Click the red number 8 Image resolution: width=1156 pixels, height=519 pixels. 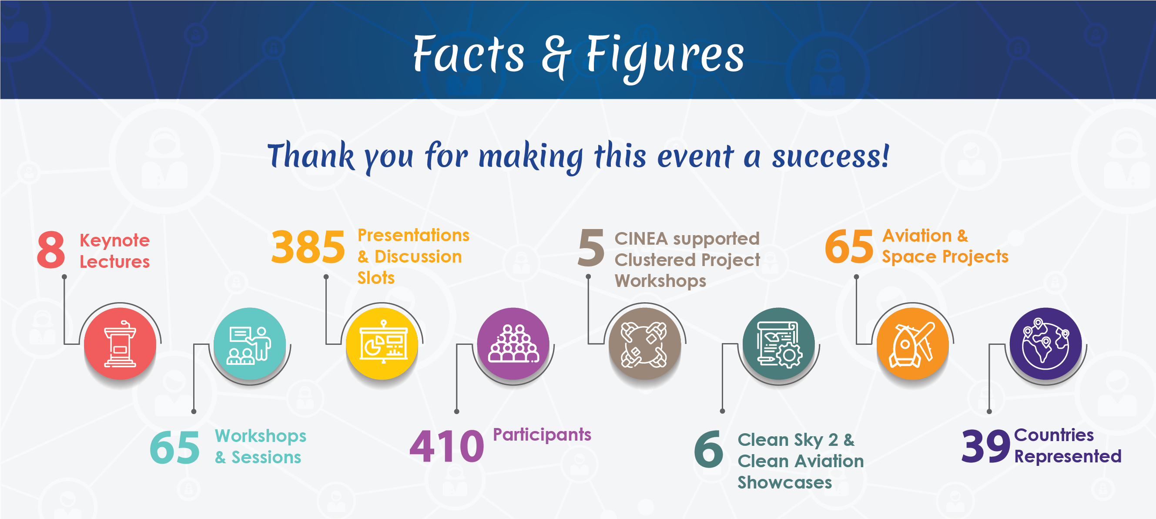point(51,249)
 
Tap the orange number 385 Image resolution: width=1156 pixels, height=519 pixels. point(308,246)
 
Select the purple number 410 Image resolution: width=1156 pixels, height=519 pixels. point(447,446)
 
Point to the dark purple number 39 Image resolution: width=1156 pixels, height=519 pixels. point(985,446)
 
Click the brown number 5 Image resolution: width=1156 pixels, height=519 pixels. point(591,247)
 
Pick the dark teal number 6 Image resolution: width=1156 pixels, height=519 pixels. point(708,449)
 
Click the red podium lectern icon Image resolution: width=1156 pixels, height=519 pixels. point(120,344)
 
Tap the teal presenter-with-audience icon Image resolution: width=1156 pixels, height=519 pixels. point(249,344)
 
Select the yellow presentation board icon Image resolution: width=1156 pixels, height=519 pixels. point(382,344)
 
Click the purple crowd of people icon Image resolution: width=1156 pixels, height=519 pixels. point(513,344)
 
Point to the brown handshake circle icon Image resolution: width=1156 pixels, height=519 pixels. point(644,344)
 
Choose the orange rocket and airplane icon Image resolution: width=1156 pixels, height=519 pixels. point(913,344)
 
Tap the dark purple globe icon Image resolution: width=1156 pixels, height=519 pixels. point(1045,344)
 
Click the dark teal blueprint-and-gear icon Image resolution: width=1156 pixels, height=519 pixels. point(779,344)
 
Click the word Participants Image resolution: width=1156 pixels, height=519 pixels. point(542,435)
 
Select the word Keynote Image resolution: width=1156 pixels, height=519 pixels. point(115,241)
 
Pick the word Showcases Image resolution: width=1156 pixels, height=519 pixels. point(785,482)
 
